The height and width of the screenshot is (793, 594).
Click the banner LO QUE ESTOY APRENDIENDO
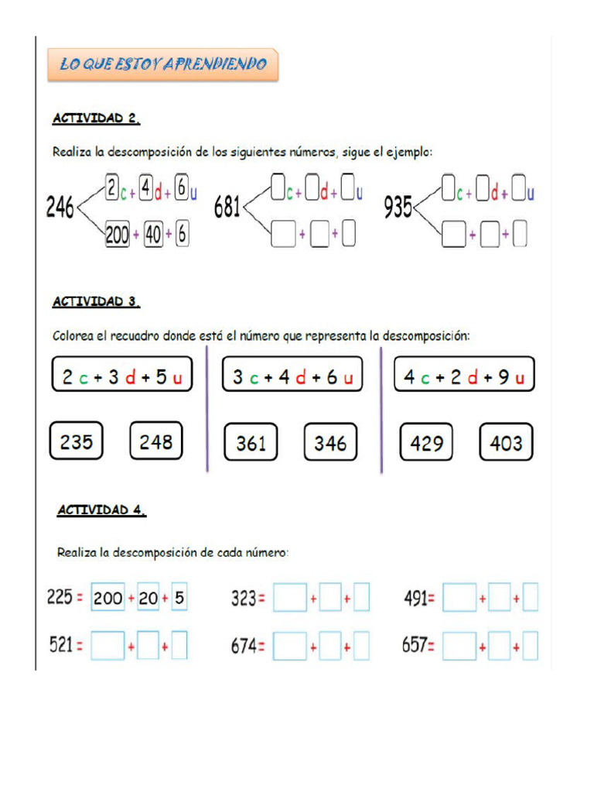tap(162, 65)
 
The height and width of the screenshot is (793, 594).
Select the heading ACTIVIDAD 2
tap(97, 118)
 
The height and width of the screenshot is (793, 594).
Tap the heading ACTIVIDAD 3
tap(97, 302)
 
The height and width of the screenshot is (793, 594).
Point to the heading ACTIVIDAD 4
tap(102, 510)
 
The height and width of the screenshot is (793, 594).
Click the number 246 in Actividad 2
tap(60, 208)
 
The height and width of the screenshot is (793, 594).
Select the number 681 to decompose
tap(227, 208)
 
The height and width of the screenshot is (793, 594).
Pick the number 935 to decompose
tap(398, 208)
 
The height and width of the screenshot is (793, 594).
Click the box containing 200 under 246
tap(117, 236)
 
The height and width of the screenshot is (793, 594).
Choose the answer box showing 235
tap(77, 441)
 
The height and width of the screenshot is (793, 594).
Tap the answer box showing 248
tap(155, 441)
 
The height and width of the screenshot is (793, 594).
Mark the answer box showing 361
tap(251, 443)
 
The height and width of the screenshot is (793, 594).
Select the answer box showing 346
tap(330, 443)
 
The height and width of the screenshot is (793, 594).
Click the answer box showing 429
tap(427, 443)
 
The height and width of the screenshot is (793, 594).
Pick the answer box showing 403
tap(506, 443)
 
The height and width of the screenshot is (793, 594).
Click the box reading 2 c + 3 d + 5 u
tap(121, 377)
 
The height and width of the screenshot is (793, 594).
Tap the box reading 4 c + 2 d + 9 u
tap(464, 377)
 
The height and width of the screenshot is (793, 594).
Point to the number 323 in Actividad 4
tap(244, 598)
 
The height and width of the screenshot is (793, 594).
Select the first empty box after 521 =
tap(108, 646)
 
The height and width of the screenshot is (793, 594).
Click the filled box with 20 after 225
tap(148, 599)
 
